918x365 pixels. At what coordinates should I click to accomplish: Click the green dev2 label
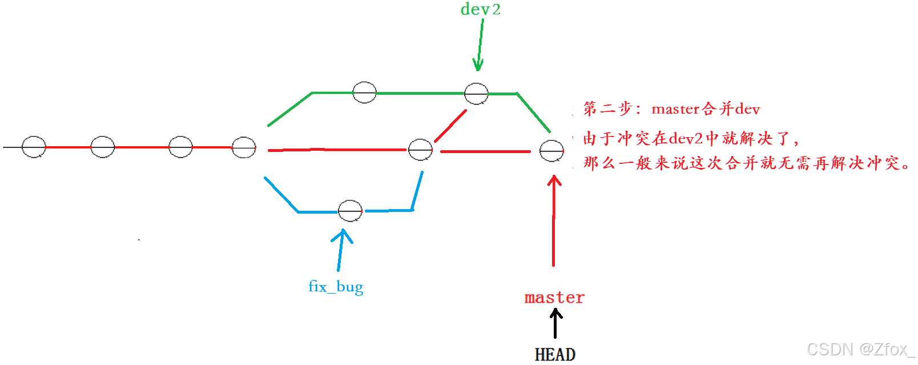click(x=480, y=10)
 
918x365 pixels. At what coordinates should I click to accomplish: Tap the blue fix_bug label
click(x=336, y=286)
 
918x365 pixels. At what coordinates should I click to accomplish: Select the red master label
click(x=554, y=298)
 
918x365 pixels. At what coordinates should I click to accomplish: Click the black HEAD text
click(x=555, y=355)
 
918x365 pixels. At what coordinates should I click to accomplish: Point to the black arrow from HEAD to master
click(x=555, y=323)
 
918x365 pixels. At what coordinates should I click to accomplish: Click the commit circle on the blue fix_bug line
click(x=350, y=211)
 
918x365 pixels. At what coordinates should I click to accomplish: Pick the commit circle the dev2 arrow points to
click(x=476, y=94)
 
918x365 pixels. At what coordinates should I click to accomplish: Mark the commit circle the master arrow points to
click(x=551, y=151)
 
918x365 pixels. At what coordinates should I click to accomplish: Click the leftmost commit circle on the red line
click(x=34, y=147)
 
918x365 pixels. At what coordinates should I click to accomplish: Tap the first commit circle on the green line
click(x=364, y=92)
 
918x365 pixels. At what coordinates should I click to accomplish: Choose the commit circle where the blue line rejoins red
click(x=420, y=150)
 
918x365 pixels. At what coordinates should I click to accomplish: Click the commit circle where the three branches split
click(x=244, y=147)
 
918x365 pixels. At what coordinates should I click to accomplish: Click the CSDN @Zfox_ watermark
click(x=860, y=349)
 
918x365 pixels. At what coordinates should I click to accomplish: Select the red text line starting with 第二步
click(x=671, y=109)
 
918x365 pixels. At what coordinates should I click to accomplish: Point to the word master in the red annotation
click(x=675, y=109)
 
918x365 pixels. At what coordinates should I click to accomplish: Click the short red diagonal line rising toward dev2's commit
click(x=450, y=126)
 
